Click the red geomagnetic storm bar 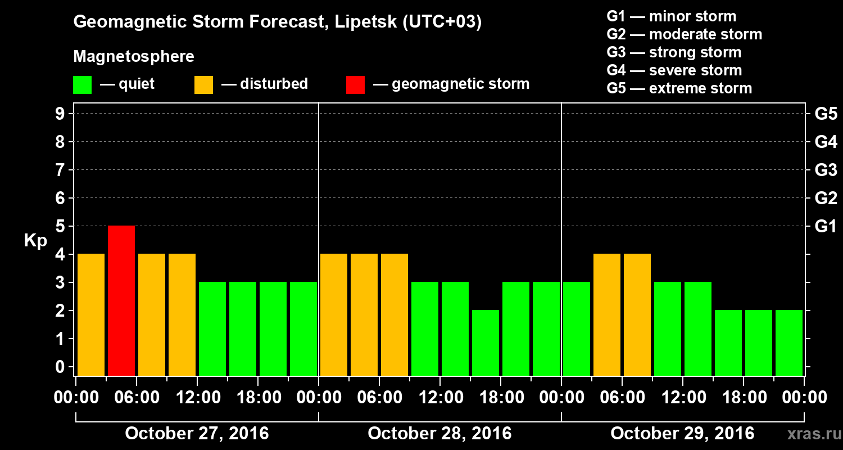pyautogui.click(x=121, y=300)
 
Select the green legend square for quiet pyautogui.click(x=82, y=84)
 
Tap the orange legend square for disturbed pyautogui.click(x=203, y=84)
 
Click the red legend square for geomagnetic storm pyautogui.click(x=355, y=84)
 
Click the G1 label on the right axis pyautogui.click(x=826, y=227)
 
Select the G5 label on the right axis pyautogui.click(x=826, y=114)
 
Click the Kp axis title pyautogui.click(x=35, y=241)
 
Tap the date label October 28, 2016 pyautogui.click(x=439, y=434)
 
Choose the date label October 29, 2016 pyautogui.click(x=682, y=434)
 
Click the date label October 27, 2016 pyautogui.click(x=197, y=434)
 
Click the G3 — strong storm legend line pyautogui.click(x=674, y=52)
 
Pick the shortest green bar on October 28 pyautogui.click(x=486, y=343)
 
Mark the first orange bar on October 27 pyautogui.click(x=91, y=314)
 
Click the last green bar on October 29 pyautogui.click(x=789, y=343)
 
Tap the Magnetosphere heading pyautogui.click(x=134, y=57)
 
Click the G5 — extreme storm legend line pyautogui.click(x=679, y=88)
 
